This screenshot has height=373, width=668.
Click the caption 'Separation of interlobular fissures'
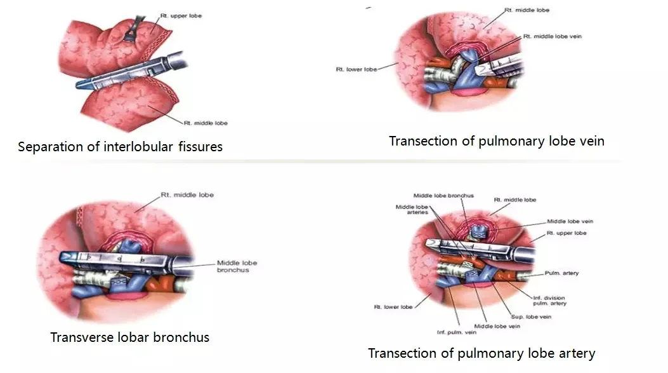point(121,147)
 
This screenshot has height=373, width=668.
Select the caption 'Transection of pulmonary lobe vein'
point(496,140)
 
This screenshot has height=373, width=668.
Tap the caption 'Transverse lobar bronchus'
point(130,337)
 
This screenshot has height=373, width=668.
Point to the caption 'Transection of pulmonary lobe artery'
point(481,353)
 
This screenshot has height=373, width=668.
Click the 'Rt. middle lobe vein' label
point(552,36)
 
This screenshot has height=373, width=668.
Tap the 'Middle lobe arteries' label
point(412,210)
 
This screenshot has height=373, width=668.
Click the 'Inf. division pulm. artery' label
point(549,301)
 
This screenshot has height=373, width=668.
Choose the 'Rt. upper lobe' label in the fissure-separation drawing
point(185,15)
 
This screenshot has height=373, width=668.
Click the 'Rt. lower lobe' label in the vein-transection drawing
point(356,69)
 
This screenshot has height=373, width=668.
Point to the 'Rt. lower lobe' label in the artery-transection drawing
point(393,307)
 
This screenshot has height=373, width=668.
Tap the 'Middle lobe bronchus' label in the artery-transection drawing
point(443,196)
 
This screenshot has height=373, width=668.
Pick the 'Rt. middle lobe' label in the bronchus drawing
point(187,195)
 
